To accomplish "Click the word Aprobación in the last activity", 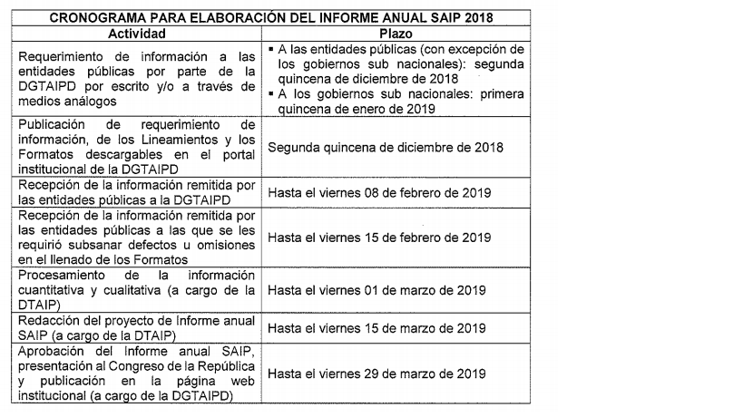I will [53, 351].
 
